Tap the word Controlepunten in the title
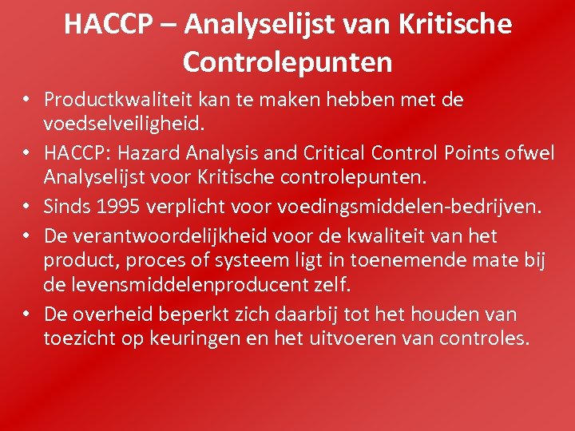tap(287, 61)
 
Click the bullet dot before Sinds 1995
tap(26, 208)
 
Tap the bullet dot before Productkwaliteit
tap(26, 101)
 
